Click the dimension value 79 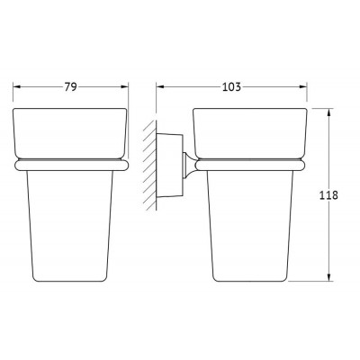point(71,87)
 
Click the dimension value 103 point(231,87)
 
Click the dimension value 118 point(328,195)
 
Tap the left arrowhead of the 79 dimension point(16,87)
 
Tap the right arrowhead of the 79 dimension point(124,87)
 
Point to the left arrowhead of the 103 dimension point(160,87)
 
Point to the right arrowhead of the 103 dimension point(303,87)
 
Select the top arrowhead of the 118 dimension point(329,112)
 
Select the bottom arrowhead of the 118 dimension point(329,277)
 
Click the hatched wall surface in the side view point(150,165)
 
